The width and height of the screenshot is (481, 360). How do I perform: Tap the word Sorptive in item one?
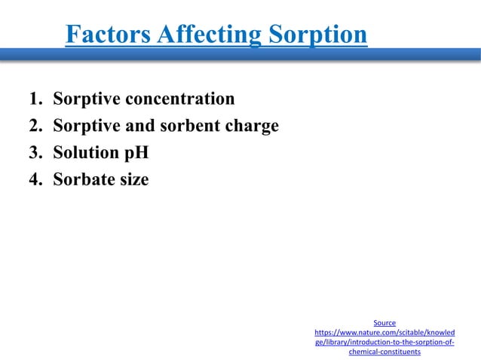coord(86,99)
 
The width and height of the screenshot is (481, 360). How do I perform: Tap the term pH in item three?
coord(136,153)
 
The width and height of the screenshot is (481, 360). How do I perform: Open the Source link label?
coord(384,322)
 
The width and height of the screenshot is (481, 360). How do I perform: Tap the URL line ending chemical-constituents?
coord(384,352)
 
